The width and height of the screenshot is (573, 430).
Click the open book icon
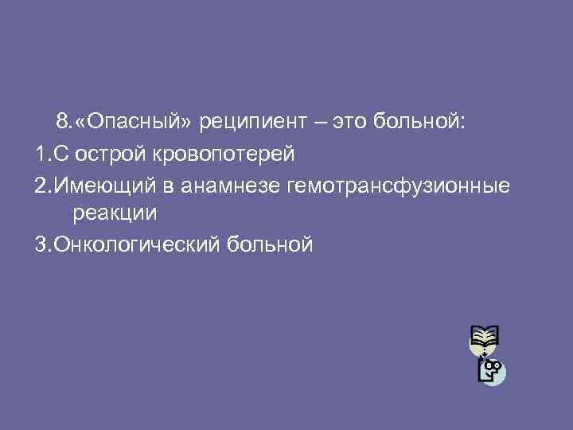point(483,339)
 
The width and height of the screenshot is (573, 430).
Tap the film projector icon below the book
point(492,371)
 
